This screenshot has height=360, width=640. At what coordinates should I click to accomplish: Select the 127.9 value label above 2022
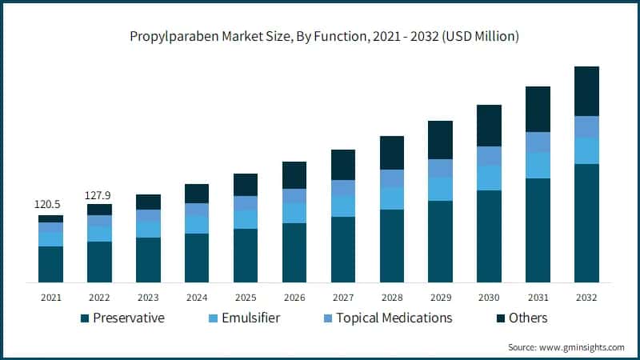[99, 194]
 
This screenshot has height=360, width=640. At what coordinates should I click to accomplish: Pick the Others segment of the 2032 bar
[586, 91]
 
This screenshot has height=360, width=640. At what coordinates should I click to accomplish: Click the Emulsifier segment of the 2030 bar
[489, 178]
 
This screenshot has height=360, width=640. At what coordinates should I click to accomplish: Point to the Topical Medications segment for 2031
[538, 142]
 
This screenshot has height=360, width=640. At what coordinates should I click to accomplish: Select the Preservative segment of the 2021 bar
[50, 264]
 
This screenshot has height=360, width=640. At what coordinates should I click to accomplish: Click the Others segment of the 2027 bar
[343, 164]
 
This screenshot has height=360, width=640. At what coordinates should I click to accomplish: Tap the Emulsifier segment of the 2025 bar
[246, 219]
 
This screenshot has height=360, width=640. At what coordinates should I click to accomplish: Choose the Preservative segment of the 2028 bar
[392, 246]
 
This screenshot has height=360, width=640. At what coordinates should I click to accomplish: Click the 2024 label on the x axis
[197, 297]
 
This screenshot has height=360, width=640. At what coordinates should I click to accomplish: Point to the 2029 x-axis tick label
[440, 297]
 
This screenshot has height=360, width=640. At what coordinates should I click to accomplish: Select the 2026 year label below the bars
[294, 297]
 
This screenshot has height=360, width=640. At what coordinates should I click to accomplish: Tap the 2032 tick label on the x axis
[586, 297]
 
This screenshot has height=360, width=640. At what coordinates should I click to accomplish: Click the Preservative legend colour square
[85, 318]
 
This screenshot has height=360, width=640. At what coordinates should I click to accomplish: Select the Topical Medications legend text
[394, 318]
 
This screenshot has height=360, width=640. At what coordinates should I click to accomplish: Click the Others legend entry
[528, 318]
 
